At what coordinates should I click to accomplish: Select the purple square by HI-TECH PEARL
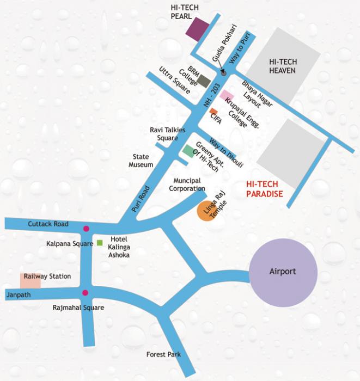pyautogui.click(x=198, y=29)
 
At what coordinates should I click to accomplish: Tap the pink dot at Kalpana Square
pyautogui.click(x=86, y=229)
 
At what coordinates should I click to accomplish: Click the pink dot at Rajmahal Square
pyautogui.click(x=85, y=293)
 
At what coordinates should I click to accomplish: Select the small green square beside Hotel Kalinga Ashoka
pyautogui.click(x=100, y=242)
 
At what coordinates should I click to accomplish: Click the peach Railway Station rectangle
pyautogui.click(x=30, y=280)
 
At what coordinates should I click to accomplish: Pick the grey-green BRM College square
pyautogui.click(x=204, y=82)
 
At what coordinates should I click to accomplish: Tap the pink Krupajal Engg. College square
pyautogui.click(x=227, y=96)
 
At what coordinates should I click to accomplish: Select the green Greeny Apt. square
pyautogui.click(x=188, y=151)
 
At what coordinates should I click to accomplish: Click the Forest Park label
pyautogui.click(x=163, y=355)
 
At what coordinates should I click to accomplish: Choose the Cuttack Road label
pyautogui.click(x=50, y=224)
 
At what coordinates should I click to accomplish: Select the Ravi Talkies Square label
pyautogui.click(x=168, y=134)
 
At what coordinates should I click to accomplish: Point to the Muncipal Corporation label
pyautogui.click(x=187, y=185)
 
